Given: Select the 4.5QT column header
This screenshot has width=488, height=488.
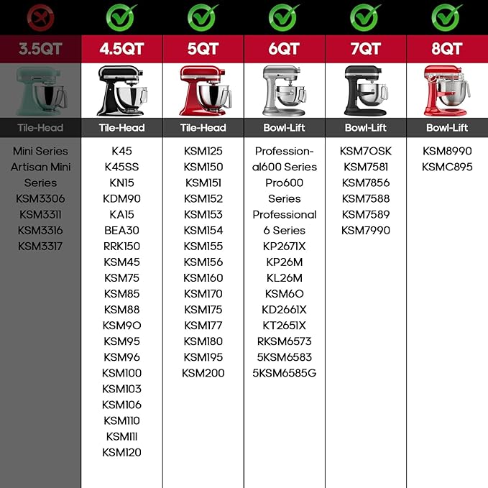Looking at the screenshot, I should (121, 49).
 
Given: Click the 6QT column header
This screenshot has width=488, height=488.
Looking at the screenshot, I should (284, 49).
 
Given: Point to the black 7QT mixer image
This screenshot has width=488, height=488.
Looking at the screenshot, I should (366, 91).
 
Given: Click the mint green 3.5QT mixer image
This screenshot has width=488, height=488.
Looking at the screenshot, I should (41, 91).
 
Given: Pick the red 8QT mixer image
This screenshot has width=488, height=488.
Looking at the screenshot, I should (446, 91).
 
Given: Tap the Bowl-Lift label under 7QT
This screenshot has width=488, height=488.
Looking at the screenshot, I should (366, 128).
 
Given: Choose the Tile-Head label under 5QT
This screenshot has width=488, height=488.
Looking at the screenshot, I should (203, 128).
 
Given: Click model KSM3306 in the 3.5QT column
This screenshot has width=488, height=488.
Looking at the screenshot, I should (40, 198).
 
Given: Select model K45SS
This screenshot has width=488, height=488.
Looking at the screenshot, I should (121, 167).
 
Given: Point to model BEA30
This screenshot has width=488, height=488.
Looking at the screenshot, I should (121, 230).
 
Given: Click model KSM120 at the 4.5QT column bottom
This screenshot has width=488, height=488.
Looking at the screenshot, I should (121, 452).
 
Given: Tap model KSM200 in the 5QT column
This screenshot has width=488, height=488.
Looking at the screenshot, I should (203, 373).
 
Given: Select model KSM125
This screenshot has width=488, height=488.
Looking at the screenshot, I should (203, 151).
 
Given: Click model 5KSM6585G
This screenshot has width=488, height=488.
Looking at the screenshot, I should (284, 373).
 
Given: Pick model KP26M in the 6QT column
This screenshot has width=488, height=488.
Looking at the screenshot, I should (284, 262).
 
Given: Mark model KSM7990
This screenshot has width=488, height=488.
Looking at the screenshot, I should (366, 230).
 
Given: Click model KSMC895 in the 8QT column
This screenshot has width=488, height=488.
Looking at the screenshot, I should (447, 167).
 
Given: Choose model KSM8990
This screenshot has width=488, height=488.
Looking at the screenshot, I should (447, 151).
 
